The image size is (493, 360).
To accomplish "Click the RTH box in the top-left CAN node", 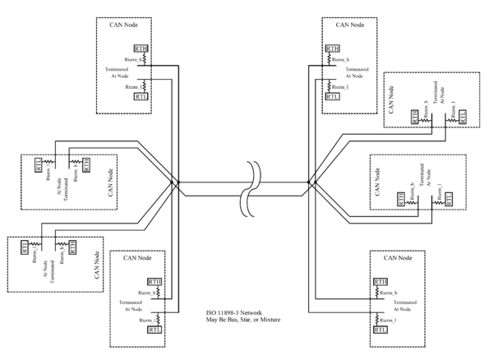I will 141,48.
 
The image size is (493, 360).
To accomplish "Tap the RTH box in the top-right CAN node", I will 333,48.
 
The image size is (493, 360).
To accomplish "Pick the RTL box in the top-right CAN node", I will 333,96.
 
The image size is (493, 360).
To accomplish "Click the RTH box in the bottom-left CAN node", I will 154,282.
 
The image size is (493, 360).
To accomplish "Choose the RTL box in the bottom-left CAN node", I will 154,329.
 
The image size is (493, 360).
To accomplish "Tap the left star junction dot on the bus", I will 173,182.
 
